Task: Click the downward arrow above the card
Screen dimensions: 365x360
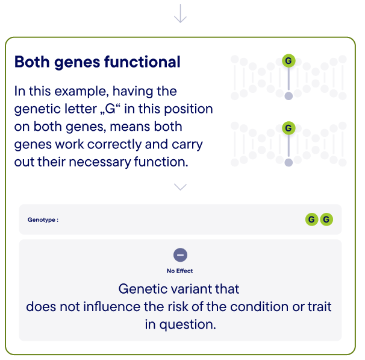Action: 181,13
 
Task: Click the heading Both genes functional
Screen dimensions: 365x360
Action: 98,62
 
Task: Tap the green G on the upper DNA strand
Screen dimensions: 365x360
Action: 289,61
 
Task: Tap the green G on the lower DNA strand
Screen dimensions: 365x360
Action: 289,128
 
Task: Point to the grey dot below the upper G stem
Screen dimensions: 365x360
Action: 289,96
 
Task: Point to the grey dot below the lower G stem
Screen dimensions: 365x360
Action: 289,162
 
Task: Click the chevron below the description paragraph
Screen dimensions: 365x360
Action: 181,187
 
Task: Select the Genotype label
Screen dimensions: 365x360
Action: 43,219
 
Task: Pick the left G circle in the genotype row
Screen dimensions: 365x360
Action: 311,219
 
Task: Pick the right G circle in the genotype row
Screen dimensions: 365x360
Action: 326,219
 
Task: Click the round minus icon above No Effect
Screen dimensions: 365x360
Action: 181,255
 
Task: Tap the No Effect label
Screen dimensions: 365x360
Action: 180,271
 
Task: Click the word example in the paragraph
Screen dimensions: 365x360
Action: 81,92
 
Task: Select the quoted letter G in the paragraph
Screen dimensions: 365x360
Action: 110,109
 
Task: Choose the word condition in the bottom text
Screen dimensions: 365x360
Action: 260,306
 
